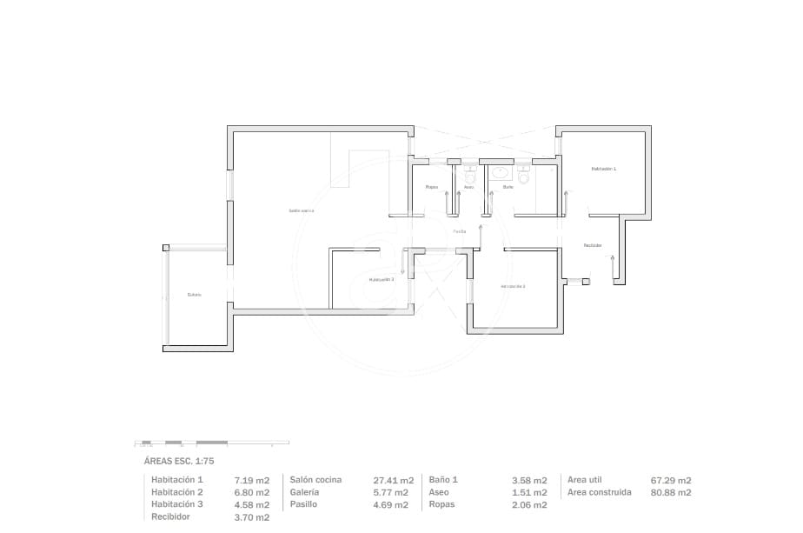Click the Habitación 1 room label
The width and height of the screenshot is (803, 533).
pos(603,169)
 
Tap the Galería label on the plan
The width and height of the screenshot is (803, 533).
pos(194,295)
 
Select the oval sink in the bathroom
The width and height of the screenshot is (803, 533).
pos(501,173)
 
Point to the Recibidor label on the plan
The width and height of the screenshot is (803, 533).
pos(593,246)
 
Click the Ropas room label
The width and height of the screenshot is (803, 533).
pos(431,187)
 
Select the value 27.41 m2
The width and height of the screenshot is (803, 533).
pos(393,480)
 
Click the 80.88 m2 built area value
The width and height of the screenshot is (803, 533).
pos(671,492)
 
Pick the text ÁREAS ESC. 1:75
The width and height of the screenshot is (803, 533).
pos(178,462)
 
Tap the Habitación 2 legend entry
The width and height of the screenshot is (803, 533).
pos(177,492)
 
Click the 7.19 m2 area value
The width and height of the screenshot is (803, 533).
pos(252,480)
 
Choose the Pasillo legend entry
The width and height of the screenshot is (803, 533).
pos(305,504)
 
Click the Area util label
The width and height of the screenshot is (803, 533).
pos(585,480)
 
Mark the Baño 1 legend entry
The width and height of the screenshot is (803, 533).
pos(443,480)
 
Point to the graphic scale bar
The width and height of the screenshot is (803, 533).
pos(209,443)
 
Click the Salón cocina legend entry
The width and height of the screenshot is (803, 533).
pos(315,480)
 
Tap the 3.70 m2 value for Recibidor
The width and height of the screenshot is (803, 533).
pos(252,517)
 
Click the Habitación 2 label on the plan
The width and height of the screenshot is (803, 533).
pos(513,286)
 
